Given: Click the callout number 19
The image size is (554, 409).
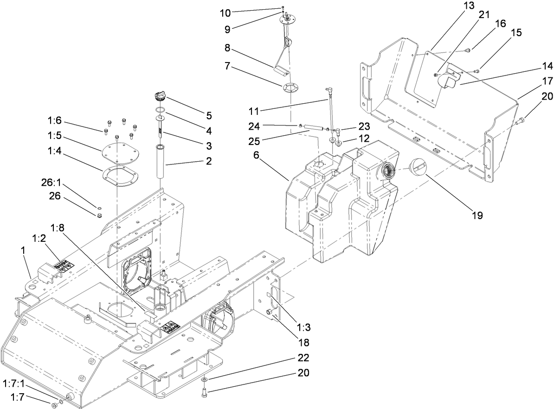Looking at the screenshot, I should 477,215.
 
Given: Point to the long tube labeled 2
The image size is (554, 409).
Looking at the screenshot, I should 162,163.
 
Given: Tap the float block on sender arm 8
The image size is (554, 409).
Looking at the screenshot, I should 282,70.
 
